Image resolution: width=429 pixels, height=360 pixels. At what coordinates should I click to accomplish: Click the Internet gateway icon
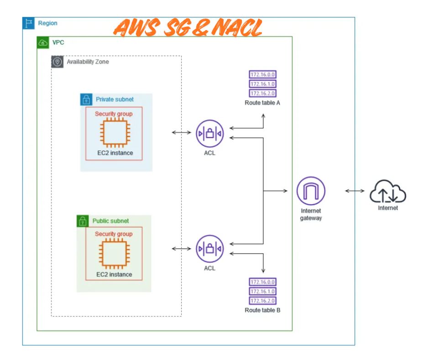coord(311,191)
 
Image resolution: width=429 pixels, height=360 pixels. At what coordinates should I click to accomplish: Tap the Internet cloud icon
coord(387,192)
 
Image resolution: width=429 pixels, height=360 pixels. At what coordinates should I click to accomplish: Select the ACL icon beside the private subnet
coord(209,133)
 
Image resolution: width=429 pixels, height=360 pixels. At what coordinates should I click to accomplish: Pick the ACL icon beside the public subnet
coord(209,249)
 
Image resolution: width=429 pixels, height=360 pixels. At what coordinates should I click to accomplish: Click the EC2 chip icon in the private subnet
coord(114,133)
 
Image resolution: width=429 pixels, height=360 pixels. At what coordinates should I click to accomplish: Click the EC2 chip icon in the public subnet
coord(114,254)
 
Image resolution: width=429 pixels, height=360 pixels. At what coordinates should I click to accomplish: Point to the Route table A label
coord(262,103)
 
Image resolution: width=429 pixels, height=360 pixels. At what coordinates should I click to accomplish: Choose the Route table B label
coord(262,310)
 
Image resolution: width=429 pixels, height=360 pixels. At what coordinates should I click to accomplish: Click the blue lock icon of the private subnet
coord(86,99)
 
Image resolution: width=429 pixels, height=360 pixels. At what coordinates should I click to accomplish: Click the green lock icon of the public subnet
coord(82,221)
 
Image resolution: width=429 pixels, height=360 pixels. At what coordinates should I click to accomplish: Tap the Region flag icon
coord(28,23)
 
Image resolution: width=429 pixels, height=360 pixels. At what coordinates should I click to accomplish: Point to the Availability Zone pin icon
coord(57,62)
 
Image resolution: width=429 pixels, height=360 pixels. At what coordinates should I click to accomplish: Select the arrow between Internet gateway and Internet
coord(355,191)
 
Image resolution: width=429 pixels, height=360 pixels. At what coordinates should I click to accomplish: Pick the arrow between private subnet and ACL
coord(181,133)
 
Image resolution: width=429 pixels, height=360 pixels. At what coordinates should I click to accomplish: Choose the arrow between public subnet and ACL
coord(181,249)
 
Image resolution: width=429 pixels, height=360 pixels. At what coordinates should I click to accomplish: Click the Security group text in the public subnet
coord(114,234)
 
